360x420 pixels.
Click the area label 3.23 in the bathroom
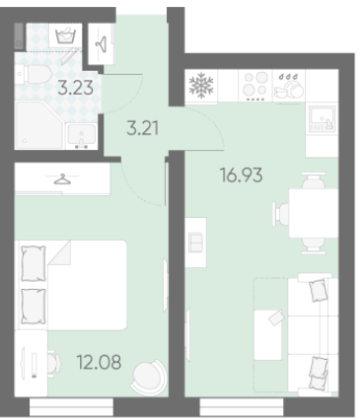(x=75, y=88)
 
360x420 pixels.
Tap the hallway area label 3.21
(x=143, y=128)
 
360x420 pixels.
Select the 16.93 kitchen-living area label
(x=241, y=175)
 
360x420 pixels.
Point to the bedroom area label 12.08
(x=99, y=362)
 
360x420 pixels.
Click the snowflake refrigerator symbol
(x=201, y=86)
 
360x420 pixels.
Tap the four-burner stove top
(x=255, y=86)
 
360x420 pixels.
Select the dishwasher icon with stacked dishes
(x=289, y=86)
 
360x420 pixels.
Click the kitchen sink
(x=323, y=119)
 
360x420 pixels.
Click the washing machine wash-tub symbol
(x=66, y=35)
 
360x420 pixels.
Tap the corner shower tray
(x=38, y=125)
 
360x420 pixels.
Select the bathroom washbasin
(x=82, y=136)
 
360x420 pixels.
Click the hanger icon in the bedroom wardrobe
(x=62, y=179)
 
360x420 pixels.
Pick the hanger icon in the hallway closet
(x=101, y=43)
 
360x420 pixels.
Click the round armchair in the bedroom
(x=148, y=377)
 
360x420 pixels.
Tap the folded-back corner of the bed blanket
(x=59, y=252)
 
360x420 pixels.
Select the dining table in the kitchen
(x=314, y=213)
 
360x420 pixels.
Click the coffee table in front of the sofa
(x=268, y=334)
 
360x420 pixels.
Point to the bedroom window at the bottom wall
(x=71, y=407)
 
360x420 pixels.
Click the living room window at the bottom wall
(x=242, y=407)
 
